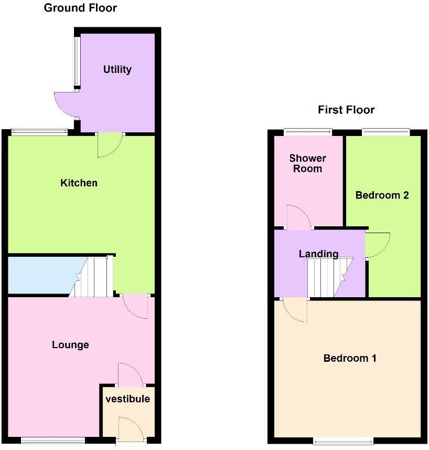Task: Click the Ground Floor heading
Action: coord(80,8)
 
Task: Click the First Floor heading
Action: coord(346,110)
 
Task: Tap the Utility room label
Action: coord(117,69)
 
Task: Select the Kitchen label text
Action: coord(79,183)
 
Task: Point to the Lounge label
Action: coord(70,345)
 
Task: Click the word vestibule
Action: coord(128,399)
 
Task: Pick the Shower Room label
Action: coord(308,163)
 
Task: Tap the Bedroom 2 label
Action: coord(382,195)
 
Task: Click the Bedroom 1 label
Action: coord(350,359)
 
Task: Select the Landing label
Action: coord(318,254)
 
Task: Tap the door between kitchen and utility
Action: coord(110,145)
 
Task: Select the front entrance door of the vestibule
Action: coord(128,429)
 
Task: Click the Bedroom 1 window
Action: coord(343,441)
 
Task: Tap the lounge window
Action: coord(53,441)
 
